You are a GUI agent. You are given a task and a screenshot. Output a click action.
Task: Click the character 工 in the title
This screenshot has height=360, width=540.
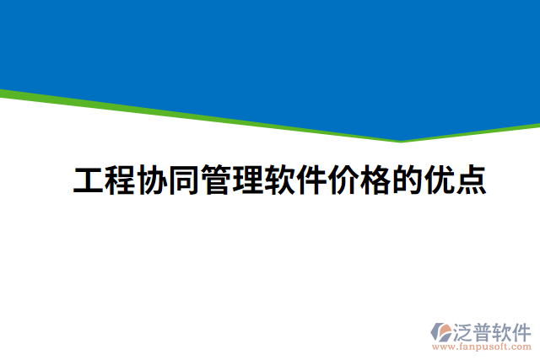[x=88, y=180]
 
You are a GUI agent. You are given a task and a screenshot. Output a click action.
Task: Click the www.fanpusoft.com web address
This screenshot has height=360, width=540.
[x=482, y=346]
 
